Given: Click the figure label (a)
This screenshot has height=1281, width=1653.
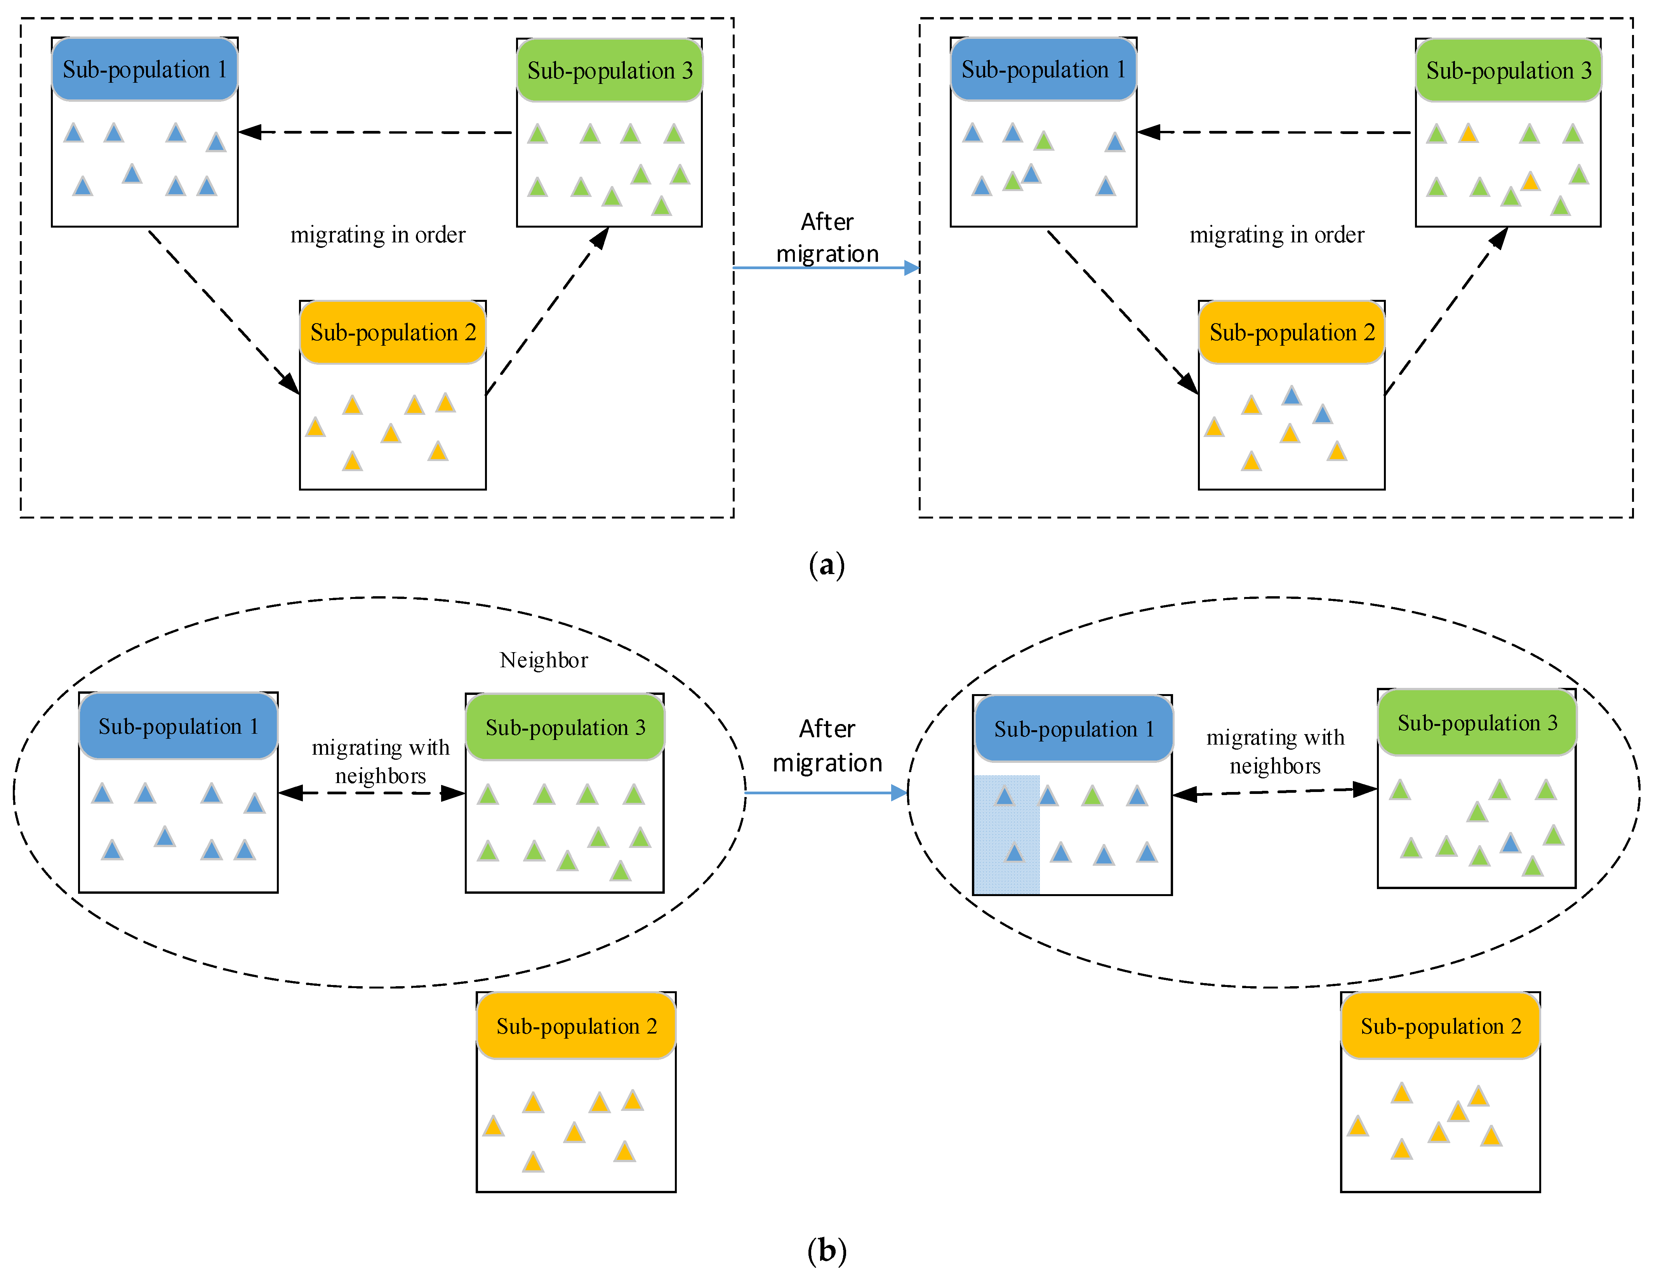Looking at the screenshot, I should click(826, 565).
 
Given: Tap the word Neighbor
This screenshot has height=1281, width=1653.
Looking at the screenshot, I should click(544, 660).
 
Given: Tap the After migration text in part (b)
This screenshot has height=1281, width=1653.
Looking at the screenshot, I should click(827, 746).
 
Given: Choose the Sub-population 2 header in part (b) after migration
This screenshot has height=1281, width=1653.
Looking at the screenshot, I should click(1440, 1026).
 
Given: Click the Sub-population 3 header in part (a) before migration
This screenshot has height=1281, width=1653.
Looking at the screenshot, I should click(609, 70).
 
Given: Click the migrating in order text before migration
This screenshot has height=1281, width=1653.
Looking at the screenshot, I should click(378, 235).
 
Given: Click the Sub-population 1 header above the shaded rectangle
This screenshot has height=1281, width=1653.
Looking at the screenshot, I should click(1073, 729).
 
